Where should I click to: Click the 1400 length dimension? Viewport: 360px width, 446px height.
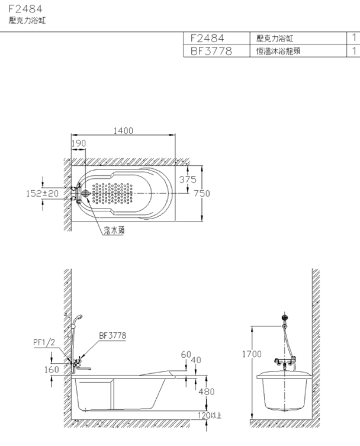click(x=123, y=130)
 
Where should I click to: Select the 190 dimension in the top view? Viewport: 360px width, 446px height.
click(x=79, y=143)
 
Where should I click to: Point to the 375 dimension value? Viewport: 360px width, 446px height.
click(x=188, y=179)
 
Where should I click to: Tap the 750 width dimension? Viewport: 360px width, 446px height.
click(x=202, y=194)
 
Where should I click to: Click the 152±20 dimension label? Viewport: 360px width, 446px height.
click(x=43, y=194)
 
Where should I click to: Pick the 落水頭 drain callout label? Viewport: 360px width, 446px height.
click(x=114, y=230)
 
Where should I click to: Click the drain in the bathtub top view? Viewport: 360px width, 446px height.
click(x=86, y=194)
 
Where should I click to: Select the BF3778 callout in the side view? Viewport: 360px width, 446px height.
click(x=112, y=336)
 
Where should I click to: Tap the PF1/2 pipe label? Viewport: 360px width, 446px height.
click(x=44, y=342)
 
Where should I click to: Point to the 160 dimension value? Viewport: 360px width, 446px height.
click(x=52, y=370)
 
